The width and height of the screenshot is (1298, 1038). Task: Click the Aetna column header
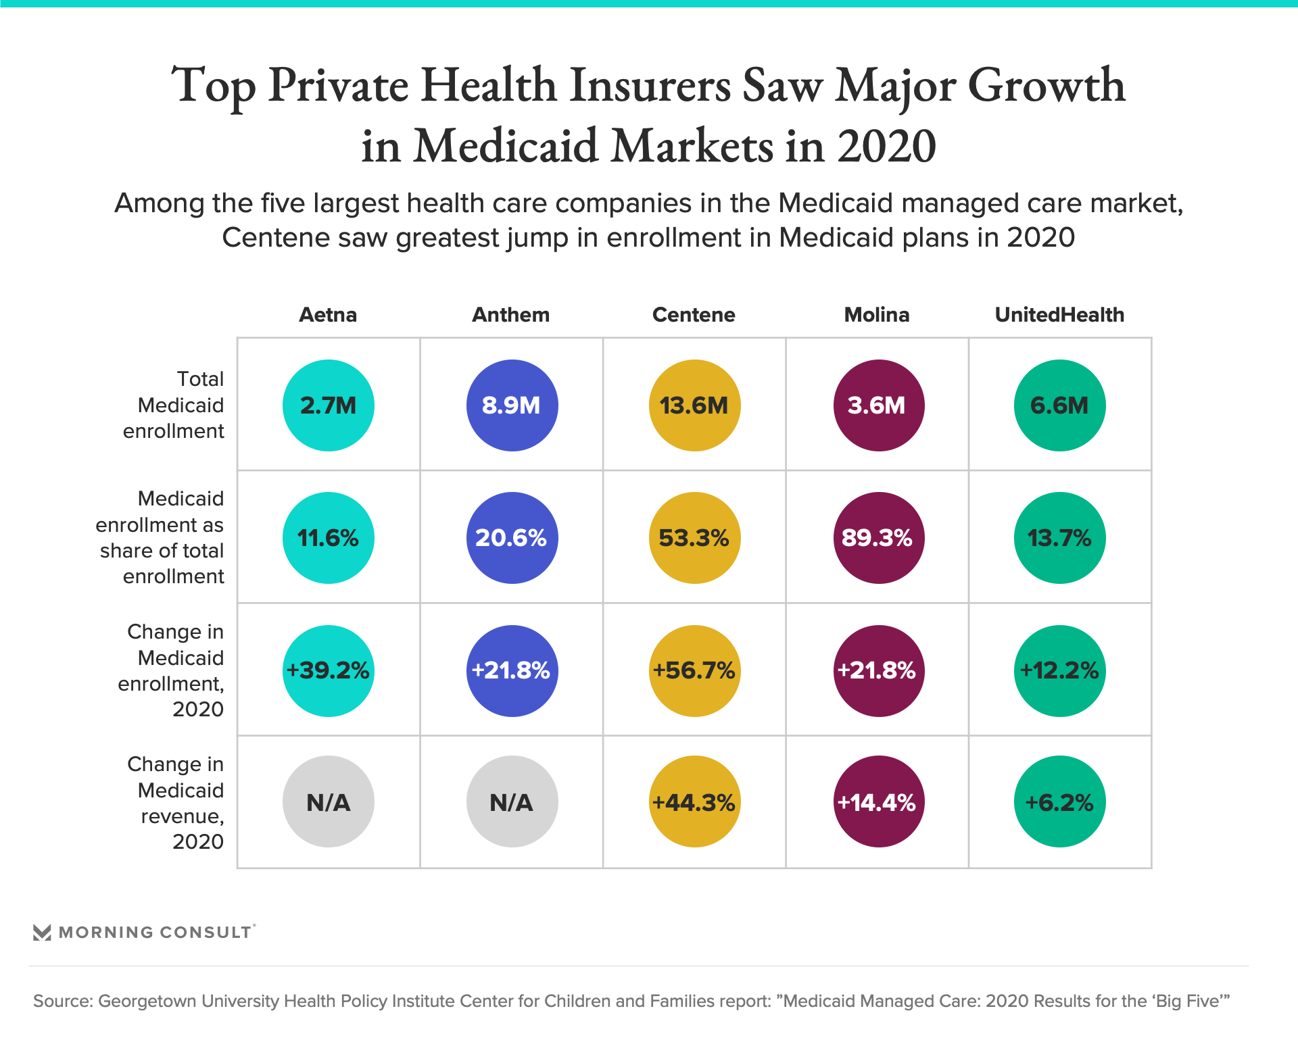click(328, 315)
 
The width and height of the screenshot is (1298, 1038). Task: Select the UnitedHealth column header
click(1059, 315)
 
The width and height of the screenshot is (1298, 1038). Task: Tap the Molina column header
click(877, 315)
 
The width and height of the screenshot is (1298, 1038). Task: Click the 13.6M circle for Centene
click(694, 405)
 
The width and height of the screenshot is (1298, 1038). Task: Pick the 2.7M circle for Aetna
click(329, 405)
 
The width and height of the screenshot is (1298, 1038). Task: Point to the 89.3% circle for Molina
click(878, 538)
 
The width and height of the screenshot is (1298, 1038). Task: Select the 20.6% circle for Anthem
click(512, 538)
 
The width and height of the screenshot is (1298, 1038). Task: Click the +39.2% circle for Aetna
click(329, 670)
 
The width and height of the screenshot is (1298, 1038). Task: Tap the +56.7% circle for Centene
click(694, 670)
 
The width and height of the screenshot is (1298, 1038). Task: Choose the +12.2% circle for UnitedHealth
click(1059, 670)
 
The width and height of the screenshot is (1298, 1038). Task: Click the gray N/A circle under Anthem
click(512, 801)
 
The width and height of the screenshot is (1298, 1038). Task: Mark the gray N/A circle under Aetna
click(329, 801)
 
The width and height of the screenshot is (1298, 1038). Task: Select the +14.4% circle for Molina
click(878, 801)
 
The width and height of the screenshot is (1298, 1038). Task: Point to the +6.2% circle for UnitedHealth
click(1059, 801)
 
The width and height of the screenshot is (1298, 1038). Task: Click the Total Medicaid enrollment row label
click(174, 405)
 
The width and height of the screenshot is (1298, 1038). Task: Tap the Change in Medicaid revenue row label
click(176, 803)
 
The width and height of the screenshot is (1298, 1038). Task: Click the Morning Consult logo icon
click(42, 933)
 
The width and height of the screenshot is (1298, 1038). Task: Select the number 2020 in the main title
click(886, 147)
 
